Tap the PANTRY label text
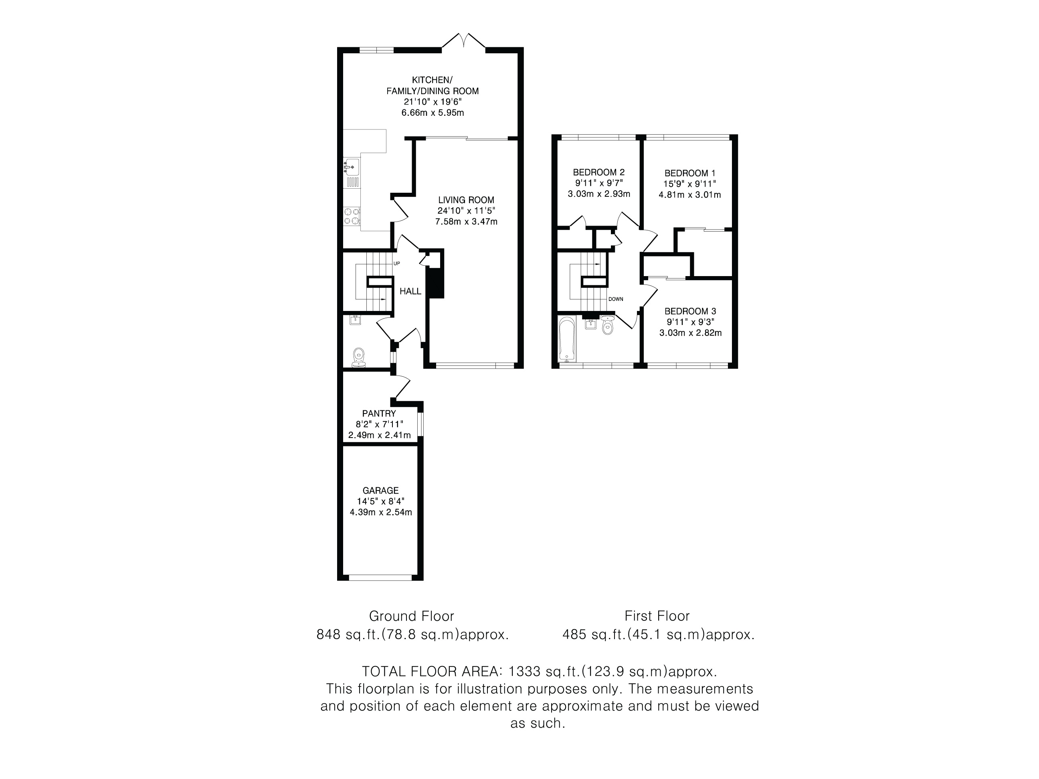tap(379, 414)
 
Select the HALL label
tap(410, 291)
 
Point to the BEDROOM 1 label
tap(689, 173)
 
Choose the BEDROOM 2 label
tap(599, 172)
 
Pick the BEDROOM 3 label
tap(691, 311)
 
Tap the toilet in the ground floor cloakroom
tap(359, 358)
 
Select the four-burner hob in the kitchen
tap(352, 216)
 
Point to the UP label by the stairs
tap(396, 263)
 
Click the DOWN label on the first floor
tap(616, 299)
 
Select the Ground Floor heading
tap(411, 616)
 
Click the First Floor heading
tap(657, 616)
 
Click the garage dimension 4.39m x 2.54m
tap(381, 512)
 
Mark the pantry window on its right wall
tap(421, 424)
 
